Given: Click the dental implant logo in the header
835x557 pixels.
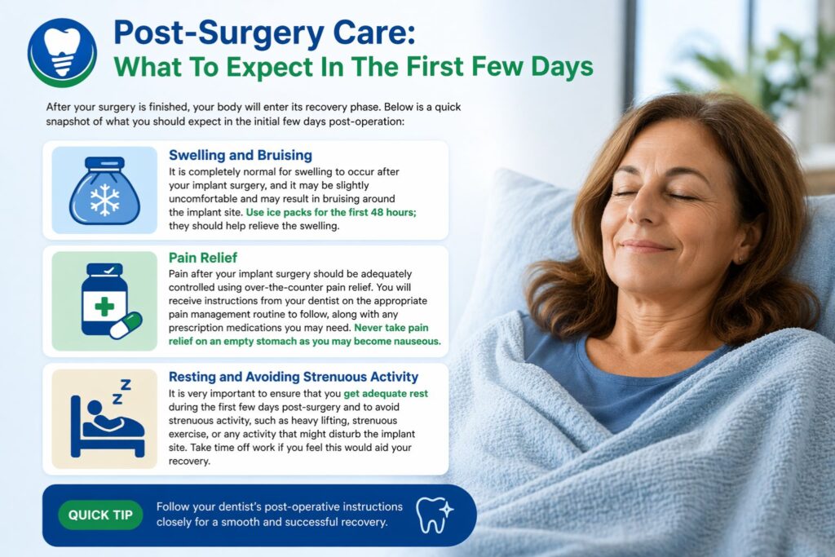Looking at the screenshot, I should [62, 52].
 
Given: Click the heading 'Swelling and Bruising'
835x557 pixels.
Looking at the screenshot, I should [240, 155].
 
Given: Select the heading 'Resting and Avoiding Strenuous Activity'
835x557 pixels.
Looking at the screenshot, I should [294, 377].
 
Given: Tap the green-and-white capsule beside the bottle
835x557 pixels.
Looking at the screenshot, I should [126, 325].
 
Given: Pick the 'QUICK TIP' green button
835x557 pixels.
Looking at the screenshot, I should [100, 515].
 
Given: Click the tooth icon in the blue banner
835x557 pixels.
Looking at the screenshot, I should [434, 514].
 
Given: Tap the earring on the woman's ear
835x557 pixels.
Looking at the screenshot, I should [740, 259].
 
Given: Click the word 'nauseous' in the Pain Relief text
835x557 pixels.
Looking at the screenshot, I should [413, 342].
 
